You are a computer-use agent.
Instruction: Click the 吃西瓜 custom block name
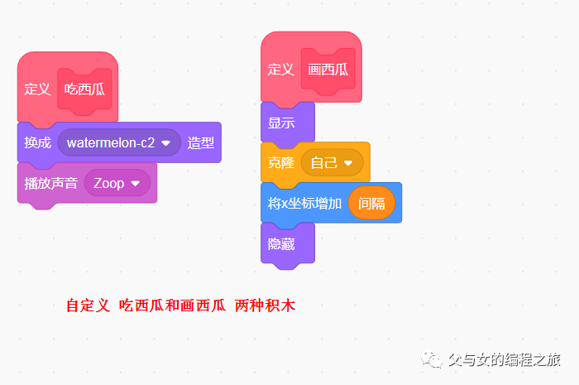pos(84,89)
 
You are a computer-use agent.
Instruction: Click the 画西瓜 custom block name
pos(328,70)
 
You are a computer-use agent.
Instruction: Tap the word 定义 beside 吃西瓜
pos(37,89)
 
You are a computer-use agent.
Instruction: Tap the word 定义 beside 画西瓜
pos(280,70)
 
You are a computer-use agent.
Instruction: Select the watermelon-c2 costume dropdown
pos(112,142)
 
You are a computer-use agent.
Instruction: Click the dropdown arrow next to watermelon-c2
pos(166,142)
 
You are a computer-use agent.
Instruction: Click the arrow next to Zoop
pos(135,183)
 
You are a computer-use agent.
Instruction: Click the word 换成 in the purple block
pos(37,142)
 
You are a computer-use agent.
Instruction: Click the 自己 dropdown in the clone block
pos(331,162)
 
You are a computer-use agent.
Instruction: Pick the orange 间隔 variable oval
pos(371,203)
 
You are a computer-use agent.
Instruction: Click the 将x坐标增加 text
pos(304,203)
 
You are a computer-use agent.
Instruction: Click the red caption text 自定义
pos(88,306)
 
